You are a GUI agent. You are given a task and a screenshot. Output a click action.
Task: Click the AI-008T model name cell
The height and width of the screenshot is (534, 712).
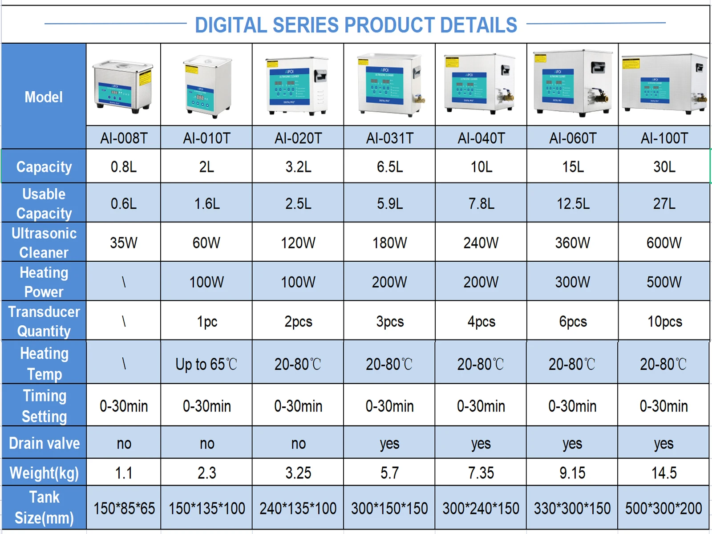point(124,138)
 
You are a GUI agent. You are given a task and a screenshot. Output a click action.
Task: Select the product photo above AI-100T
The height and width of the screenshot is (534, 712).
point(664,85)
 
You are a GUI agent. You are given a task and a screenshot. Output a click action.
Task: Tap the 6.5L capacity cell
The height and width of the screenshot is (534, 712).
point(390,167)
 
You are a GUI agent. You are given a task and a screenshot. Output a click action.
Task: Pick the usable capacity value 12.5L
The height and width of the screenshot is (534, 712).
point(573,204)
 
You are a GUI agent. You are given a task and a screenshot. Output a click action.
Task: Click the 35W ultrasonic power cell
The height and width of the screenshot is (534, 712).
point(124,243)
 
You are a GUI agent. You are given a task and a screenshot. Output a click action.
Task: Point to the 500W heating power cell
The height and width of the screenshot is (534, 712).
point(664,282)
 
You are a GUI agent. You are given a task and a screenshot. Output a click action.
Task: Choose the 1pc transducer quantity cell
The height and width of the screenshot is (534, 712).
point(207,321)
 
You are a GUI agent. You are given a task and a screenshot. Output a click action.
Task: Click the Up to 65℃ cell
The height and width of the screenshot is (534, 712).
point(206,364)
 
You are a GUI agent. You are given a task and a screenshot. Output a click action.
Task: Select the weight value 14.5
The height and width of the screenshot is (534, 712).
point(664,473)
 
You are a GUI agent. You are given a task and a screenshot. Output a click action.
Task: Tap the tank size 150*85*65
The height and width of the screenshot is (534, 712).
point(124,508)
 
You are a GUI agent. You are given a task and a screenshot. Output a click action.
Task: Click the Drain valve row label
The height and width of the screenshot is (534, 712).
point(44,443)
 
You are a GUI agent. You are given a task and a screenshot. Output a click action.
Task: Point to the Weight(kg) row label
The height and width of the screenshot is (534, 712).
point(44,473)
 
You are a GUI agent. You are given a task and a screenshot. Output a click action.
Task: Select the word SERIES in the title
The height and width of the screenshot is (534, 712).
point(306,25)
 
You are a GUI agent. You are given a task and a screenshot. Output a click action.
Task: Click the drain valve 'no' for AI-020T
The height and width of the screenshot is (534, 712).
point(298,444)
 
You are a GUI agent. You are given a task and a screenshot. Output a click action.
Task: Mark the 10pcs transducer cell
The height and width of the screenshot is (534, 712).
point(664,321)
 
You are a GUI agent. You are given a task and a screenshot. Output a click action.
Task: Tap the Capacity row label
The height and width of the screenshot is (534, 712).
point(44,167)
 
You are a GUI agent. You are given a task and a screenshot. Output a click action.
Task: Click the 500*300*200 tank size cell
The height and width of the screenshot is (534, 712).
point(663,508)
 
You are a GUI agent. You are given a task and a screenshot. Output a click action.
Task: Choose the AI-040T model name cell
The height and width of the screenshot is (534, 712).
point(481,138)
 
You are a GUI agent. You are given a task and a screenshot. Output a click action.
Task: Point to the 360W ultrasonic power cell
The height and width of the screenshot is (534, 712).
point(573,243)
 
